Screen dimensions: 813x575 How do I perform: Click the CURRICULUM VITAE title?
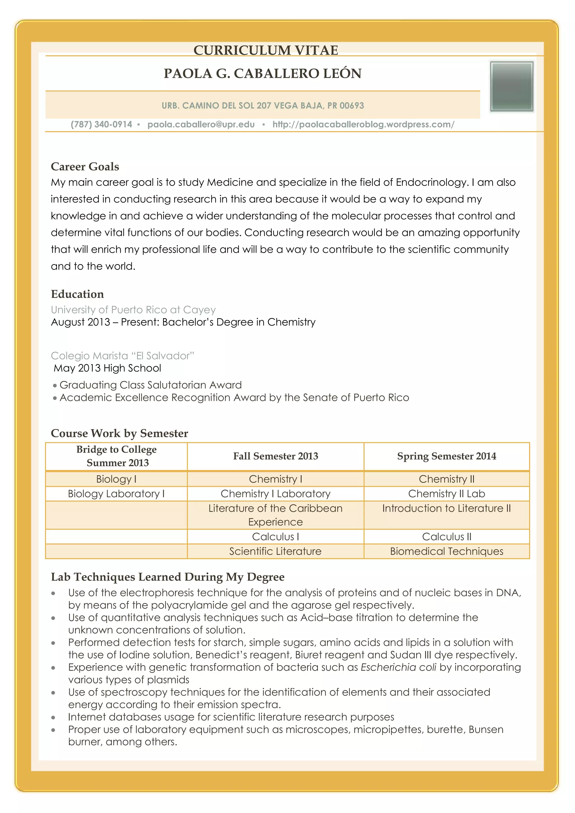pos(266,50)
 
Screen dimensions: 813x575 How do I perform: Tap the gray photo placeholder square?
pos(512,87)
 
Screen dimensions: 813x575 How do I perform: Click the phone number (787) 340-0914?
pos(101,124)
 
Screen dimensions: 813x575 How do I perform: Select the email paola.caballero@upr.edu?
pos(201,124)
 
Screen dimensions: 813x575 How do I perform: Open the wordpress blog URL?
pos(363,124)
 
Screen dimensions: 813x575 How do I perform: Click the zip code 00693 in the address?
pos(352,106)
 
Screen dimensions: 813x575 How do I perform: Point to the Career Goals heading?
pos(85,166)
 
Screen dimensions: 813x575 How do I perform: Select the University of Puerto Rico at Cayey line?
pos(133,310)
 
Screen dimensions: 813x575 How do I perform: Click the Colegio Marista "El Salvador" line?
pos(122,355)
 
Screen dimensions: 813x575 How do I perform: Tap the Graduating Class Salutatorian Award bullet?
pos(150,385)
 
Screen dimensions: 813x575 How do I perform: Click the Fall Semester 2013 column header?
pos(275,456)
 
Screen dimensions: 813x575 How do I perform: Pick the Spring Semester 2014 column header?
pos(446,456)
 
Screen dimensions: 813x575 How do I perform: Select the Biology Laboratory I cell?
pos(116,494)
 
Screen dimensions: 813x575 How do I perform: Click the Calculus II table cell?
pos(446,536)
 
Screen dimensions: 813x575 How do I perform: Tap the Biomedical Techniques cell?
pos(446,551)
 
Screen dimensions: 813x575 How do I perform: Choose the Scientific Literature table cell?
pos(275,551)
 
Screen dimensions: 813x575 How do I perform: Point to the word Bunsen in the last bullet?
pos(486,729)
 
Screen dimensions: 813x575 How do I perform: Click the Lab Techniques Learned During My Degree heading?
pos(167,577)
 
